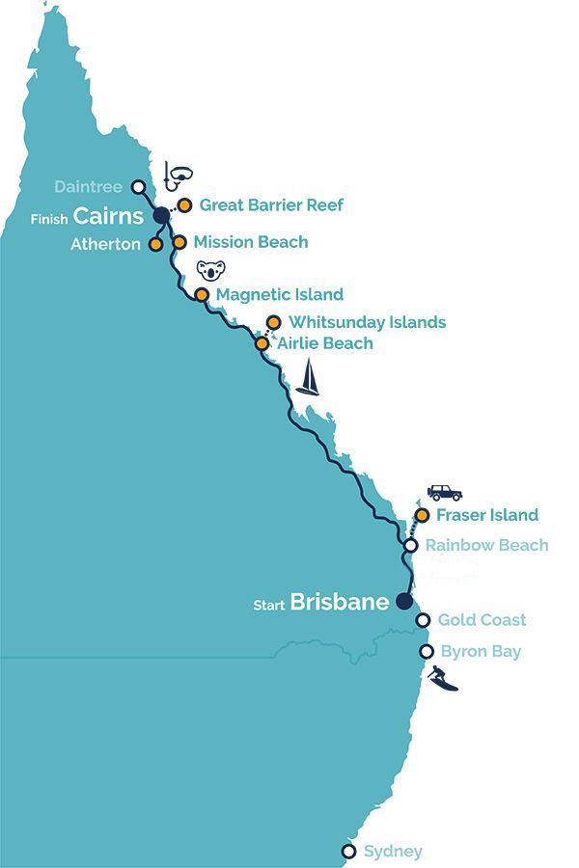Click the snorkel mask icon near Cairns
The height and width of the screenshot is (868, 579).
click(x=178, y=174)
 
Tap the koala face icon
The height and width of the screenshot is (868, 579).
click(x=208, y=269)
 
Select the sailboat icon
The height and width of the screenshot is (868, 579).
click(x=308, y=378)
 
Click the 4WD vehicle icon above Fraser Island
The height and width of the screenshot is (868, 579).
click(x=444, y=492)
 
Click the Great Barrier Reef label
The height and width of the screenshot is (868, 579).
click(x=271, y=205)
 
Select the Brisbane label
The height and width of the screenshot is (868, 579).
click(x=340, y=602)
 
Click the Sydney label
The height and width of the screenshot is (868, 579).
click(x=393, y=851)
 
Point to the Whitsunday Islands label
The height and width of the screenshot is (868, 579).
click(x=367, y=322)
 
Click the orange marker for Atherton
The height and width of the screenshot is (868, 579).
click(x=155, y=245)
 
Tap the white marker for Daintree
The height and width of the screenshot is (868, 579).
click(x=138, y=187)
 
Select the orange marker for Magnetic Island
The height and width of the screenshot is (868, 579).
click(x=202, y=294)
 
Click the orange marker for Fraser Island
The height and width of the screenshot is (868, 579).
click(x=422, y=515)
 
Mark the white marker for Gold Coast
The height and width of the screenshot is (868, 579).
click(x=423, y=620)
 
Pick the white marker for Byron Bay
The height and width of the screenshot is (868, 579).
click(x=426, y=652)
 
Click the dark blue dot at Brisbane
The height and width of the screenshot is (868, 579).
click(x=403, y=602)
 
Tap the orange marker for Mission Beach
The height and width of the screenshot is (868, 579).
click(x=179, y=242)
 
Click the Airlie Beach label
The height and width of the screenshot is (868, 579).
click(x=324, y=343)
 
